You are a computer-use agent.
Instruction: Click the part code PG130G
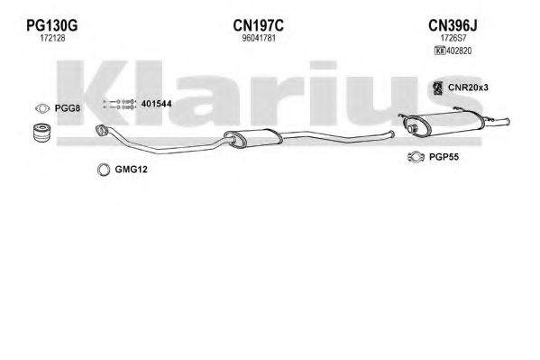click(x=52, y=25)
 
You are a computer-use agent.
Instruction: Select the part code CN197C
click(x=259, y=25)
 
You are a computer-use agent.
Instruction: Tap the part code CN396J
click(x=453, y=25)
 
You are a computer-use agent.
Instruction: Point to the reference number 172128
click(x=52, y=38)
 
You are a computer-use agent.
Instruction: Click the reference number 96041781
click(x=259, y=38)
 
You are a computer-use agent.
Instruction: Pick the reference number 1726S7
click(x=453, y=38)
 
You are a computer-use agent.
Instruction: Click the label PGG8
click(x=68, y=108)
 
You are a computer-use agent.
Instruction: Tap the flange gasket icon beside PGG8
click(x=42, y=108)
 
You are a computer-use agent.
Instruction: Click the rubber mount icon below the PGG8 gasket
click(x=42, y=132)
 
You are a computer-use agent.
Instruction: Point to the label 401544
click(x=156, y=104)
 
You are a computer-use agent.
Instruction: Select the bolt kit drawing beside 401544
click(x=119, y=105)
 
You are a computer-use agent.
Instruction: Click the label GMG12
click(x=131, y=170)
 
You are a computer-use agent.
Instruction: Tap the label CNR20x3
click(x=468, y=88)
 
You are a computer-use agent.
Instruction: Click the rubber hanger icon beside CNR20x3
click(x=437, y=88)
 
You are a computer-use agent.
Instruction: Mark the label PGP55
click(x=444, y=157)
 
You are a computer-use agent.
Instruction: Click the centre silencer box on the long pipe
click(x=253, y=138)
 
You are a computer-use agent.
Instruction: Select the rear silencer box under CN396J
click(x=444, y=124)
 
